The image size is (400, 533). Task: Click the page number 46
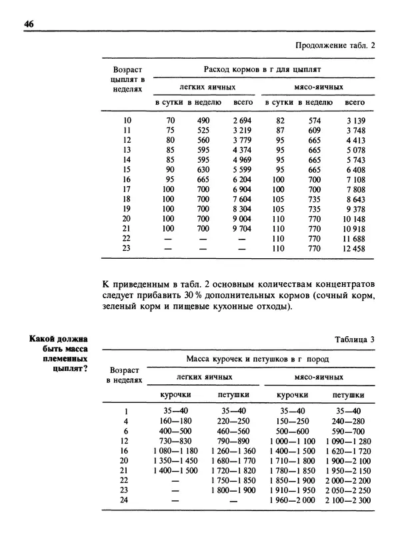pyautogui.click(x=29, y=25)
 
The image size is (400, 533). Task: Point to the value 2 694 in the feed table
pyautogui.click(x=242, y=120)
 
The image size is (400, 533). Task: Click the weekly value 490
pyautogui.click(x=203, y=120)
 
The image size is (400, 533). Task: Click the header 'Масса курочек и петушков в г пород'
pyautogui.click(x=257, y=359)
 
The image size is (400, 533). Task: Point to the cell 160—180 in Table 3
pyautogui.click(x=175, y=422)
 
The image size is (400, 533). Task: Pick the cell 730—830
pyautogui.click(x=175, y=442)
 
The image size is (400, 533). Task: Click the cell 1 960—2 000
pyautogui.click(x=293, y=501)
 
